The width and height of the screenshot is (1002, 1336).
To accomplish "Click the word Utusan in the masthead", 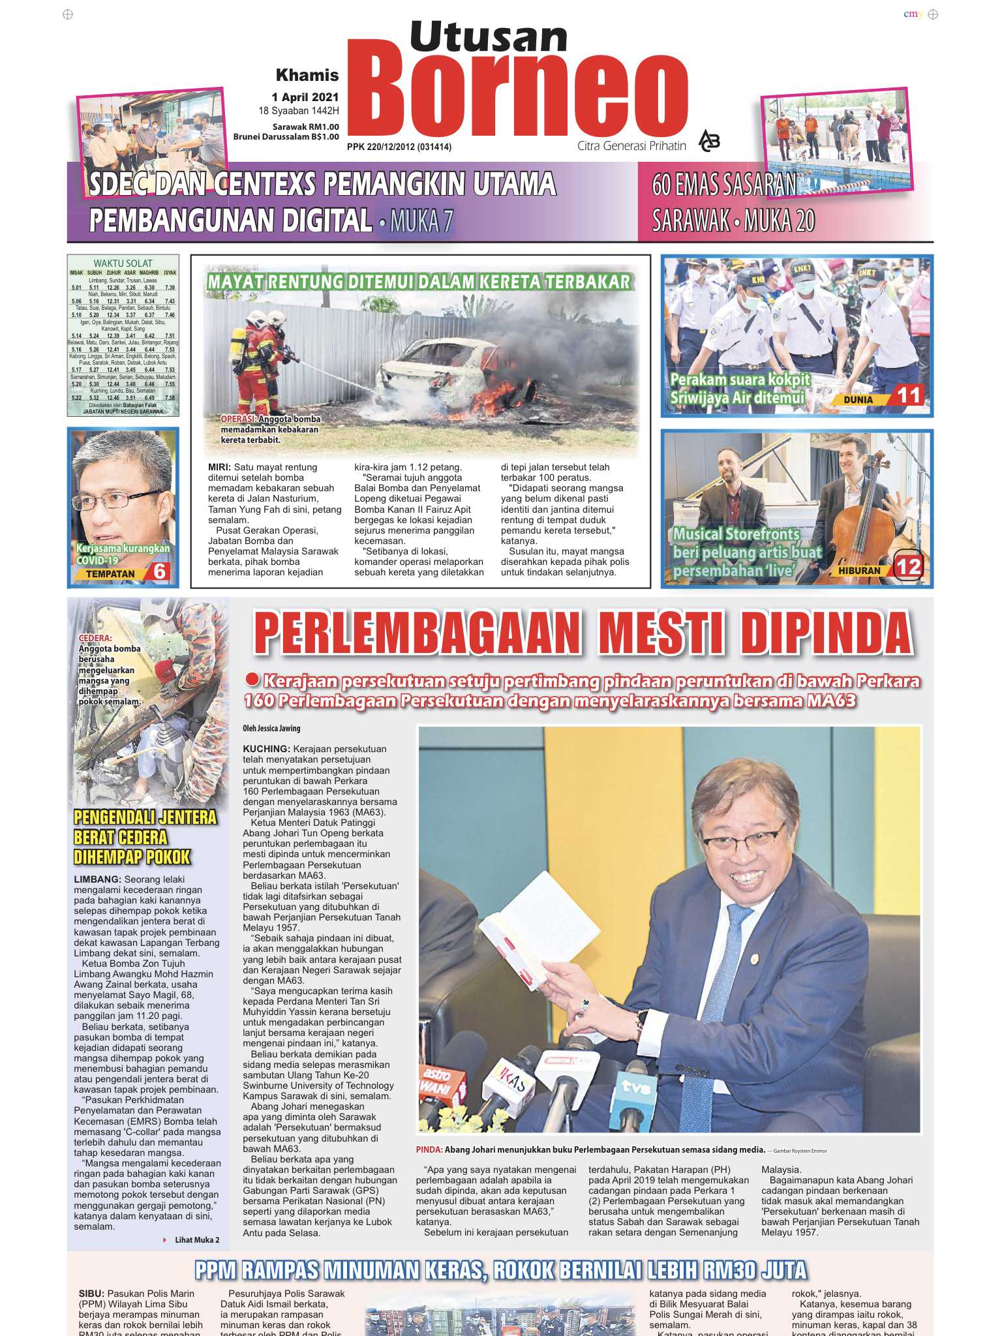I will (489, 37).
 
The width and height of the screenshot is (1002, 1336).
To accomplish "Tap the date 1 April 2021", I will (305, 97).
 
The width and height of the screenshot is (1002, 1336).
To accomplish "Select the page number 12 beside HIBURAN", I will (909, 566).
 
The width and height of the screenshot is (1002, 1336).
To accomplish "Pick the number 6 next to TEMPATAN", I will (160, 572).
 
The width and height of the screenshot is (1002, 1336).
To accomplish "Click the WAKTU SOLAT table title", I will (123, 264).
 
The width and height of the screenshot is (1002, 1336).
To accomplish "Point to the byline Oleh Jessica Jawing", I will (271, 728).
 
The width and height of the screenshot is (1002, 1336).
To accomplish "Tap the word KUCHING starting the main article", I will (266, 749).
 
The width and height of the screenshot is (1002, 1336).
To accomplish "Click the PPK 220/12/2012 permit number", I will (399, 147).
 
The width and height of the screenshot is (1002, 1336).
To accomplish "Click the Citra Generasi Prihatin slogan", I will (631, 146).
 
